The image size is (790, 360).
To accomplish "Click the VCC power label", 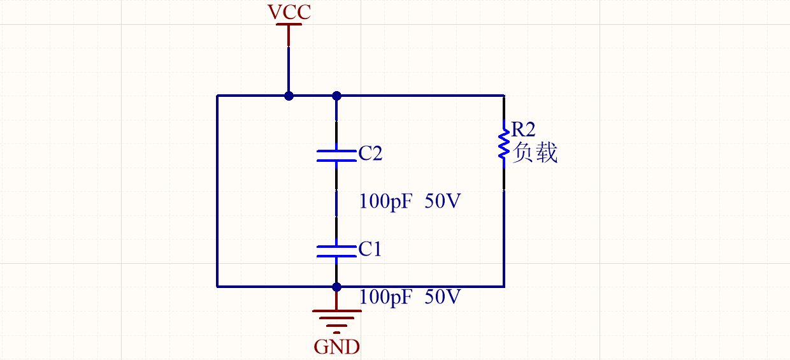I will point(289,12).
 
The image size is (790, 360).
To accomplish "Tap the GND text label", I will point(336,347).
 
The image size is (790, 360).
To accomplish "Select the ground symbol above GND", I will point(336,320).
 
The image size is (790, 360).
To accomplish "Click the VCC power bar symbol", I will point(289,25).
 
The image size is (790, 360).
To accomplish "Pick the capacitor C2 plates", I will point(336,155).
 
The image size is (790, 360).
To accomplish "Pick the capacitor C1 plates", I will point(336,250).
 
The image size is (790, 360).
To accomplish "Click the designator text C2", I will point(370,154).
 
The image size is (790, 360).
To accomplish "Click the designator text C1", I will point(370,249).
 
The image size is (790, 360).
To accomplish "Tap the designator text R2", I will point(524,130).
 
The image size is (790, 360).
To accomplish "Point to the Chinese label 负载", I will point(535,153).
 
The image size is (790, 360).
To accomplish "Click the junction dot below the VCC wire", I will point(289,96).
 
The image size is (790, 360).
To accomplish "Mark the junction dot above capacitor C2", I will point(336,96).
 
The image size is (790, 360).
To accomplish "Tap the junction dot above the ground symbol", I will point(336,287).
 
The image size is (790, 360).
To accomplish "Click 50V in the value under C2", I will point(442,202).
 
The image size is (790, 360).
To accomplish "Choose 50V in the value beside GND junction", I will point(442,297).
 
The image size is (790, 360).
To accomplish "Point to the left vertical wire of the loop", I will point(217,191).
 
